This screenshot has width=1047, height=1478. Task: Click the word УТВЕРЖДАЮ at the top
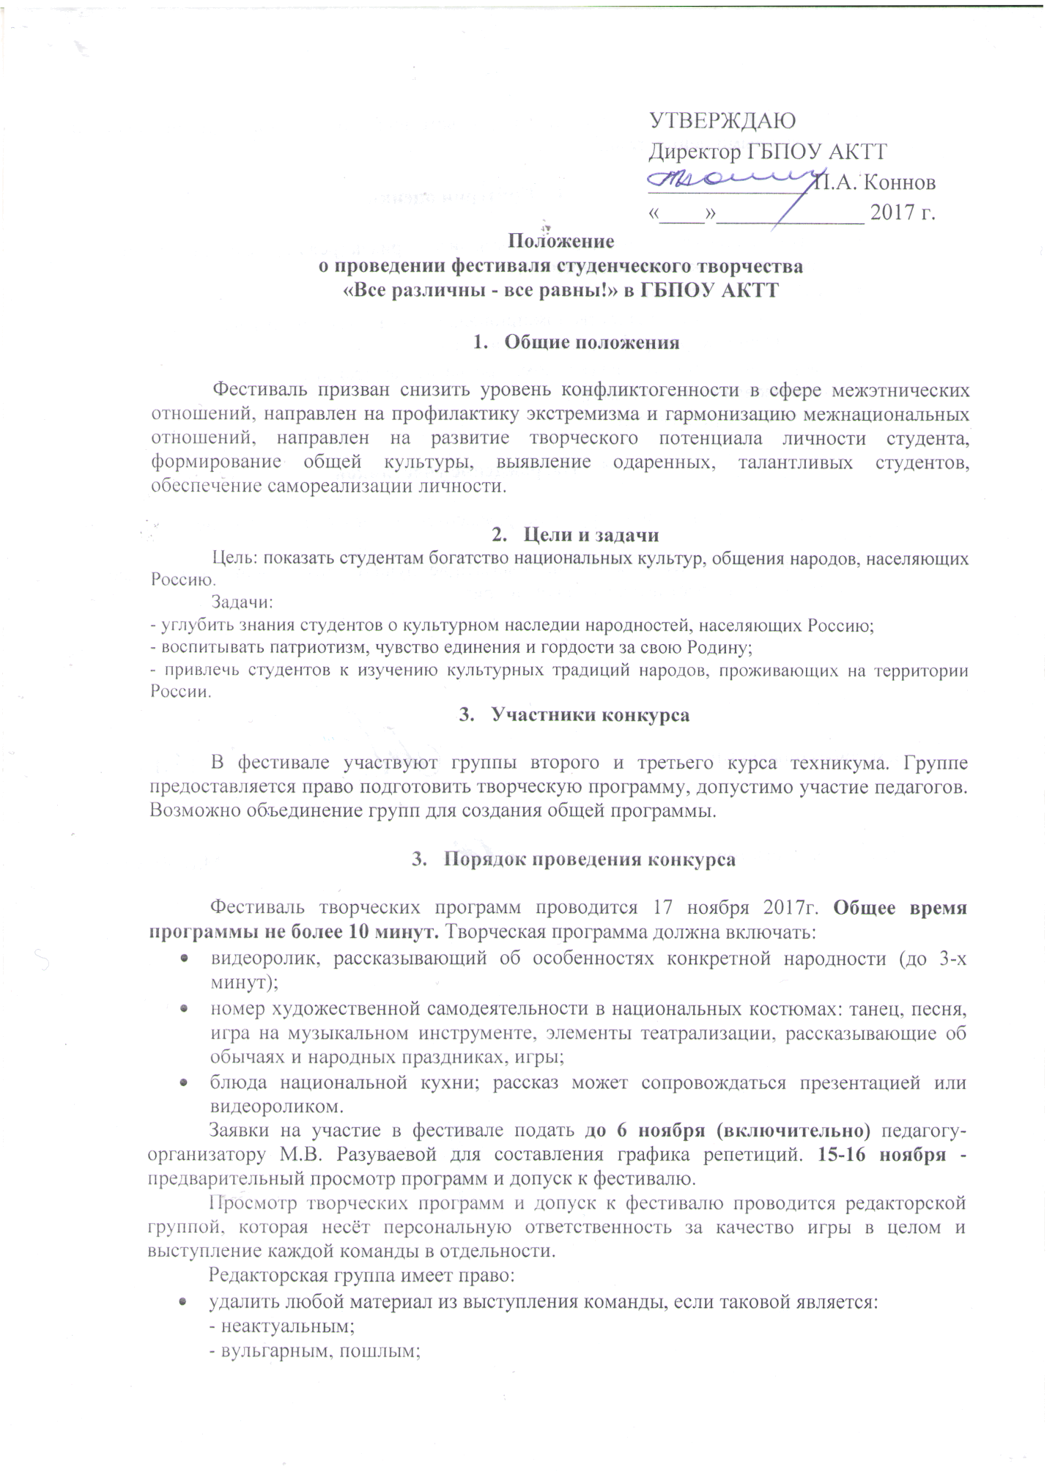click(x=722, y=120)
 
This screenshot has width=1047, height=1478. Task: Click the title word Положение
click(x=561, y=240)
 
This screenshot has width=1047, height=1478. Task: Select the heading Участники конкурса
click(x=591, y=714)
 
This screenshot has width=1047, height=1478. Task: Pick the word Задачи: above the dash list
click(x=242, y=602)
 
